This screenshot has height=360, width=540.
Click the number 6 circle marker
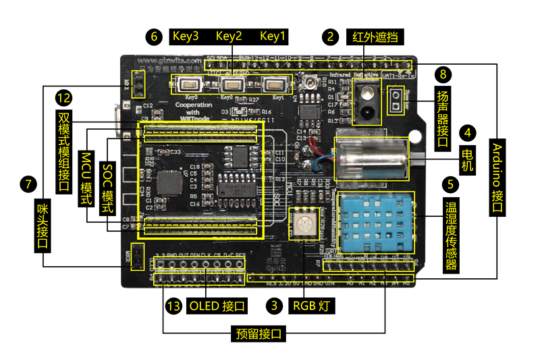click(155, 36)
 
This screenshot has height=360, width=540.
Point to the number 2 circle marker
click(330, 36)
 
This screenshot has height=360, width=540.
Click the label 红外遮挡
click(371, 36)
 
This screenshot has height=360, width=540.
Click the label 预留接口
click(257, 334)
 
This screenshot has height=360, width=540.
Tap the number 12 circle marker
click(64, 99)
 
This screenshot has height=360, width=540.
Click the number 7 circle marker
click(28, 184)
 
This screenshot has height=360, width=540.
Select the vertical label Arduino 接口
click(497, 178)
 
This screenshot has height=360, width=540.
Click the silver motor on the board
click(371, 159)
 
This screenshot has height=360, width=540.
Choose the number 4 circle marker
click(468, 132)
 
